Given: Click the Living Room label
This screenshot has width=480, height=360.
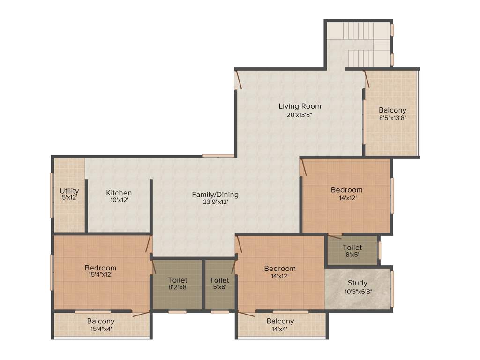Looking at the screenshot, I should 300,106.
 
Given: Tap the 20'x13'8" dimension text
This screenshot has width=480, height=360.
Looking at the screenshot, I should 300,114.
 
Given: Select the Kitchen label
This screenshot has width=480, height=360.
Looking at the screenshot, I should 119,193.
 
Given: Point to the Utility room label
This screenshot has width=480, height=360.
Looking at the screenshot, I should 69,191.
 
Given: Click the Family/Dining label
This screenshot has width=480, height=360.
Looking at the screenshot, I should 215,195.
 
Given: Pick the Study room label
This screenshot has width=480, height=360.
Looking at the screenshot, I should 357,283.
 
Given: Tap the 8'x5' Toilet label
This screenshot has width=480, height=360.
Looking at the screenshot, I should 352,247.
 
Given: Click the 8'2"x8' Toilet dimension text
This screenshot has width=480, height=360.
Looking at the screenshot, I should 178,287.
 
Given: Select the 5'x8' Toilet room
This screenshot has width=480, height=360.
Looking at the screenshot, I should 219,284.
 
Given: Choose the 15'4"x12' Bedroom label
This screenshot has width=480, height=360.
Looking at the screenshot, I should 100,268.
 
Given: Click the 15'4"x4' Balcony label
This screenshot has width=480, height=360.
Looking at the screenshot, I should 100,321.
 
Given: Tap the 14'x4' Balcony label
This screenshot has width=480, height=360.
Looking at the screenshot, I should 280,321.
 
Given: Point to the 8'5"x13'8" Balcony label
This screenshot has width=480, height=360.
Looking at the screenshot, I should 392,110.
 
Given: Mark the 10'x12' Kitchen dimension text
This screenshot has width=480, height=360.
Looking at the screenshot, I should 119,200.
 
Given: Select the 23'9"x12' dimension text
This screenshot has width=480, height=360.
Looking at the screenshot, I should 215,202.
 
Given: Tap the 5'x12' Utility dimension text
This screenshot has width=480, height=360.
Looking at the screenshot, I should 69,198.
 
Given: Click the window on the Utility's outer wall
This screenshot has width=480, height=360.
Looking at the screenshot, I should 52,195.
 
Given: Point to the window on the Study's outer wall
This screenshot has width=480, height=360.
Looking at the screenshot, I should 392,288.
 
